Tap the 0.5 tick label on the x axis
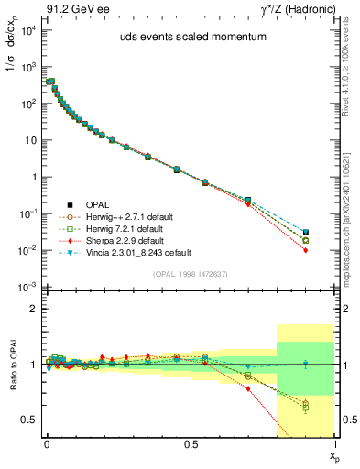(x=191, y=442)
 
